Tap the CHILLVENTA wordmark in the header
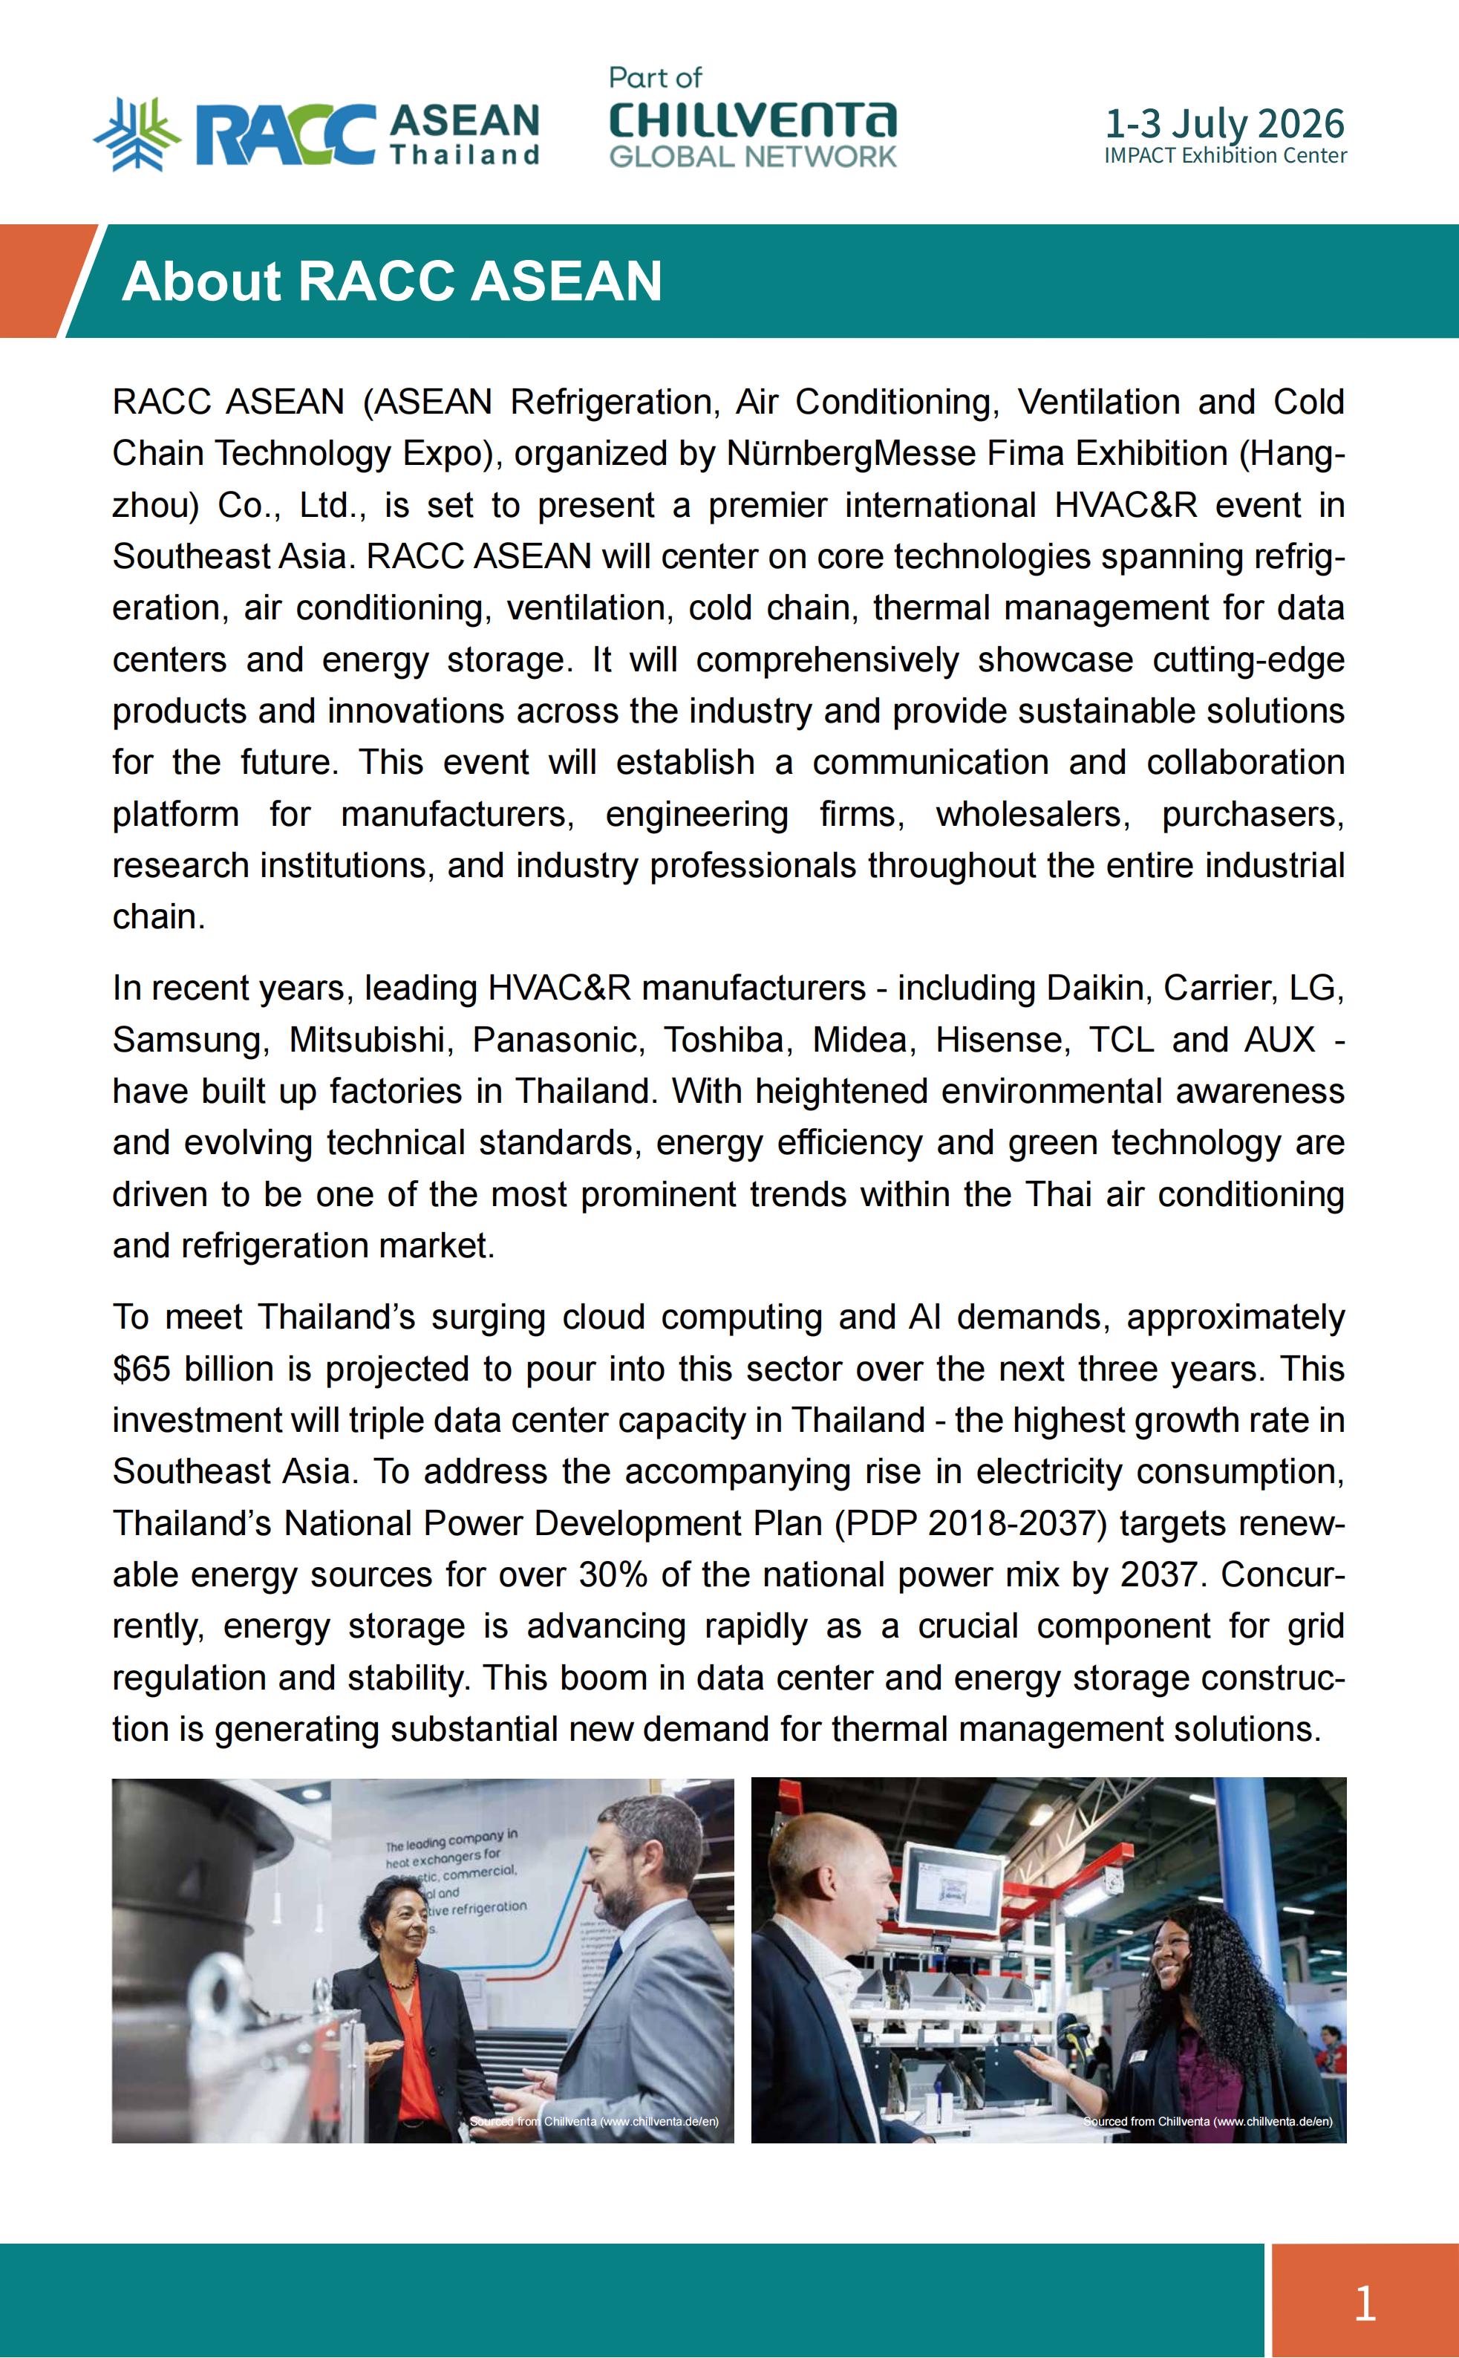(x=753, y=120)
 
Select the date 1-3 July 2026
(x=1224, y=123)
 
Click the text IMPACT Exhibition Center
(x=1224, y=155)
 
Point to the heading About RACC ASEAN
(x=392, y=281)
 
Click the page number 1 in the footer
(x=1363, y=2303)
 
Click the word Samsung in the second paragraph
(x=186, y=1040)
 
